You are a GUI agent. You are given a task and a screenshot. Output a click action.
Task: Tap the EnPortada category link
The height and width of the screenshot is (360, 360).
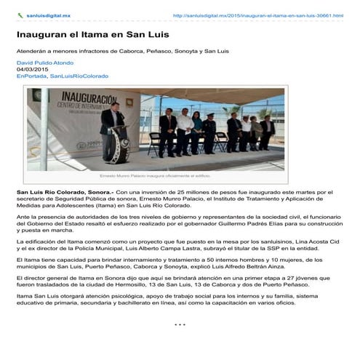pyautogui.click(x=31, y=76)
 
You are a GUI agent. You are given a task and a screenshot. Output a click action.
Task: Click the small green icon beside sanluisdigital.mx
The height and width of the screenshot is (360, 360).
pyautogui.click(x=20, y=15)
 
